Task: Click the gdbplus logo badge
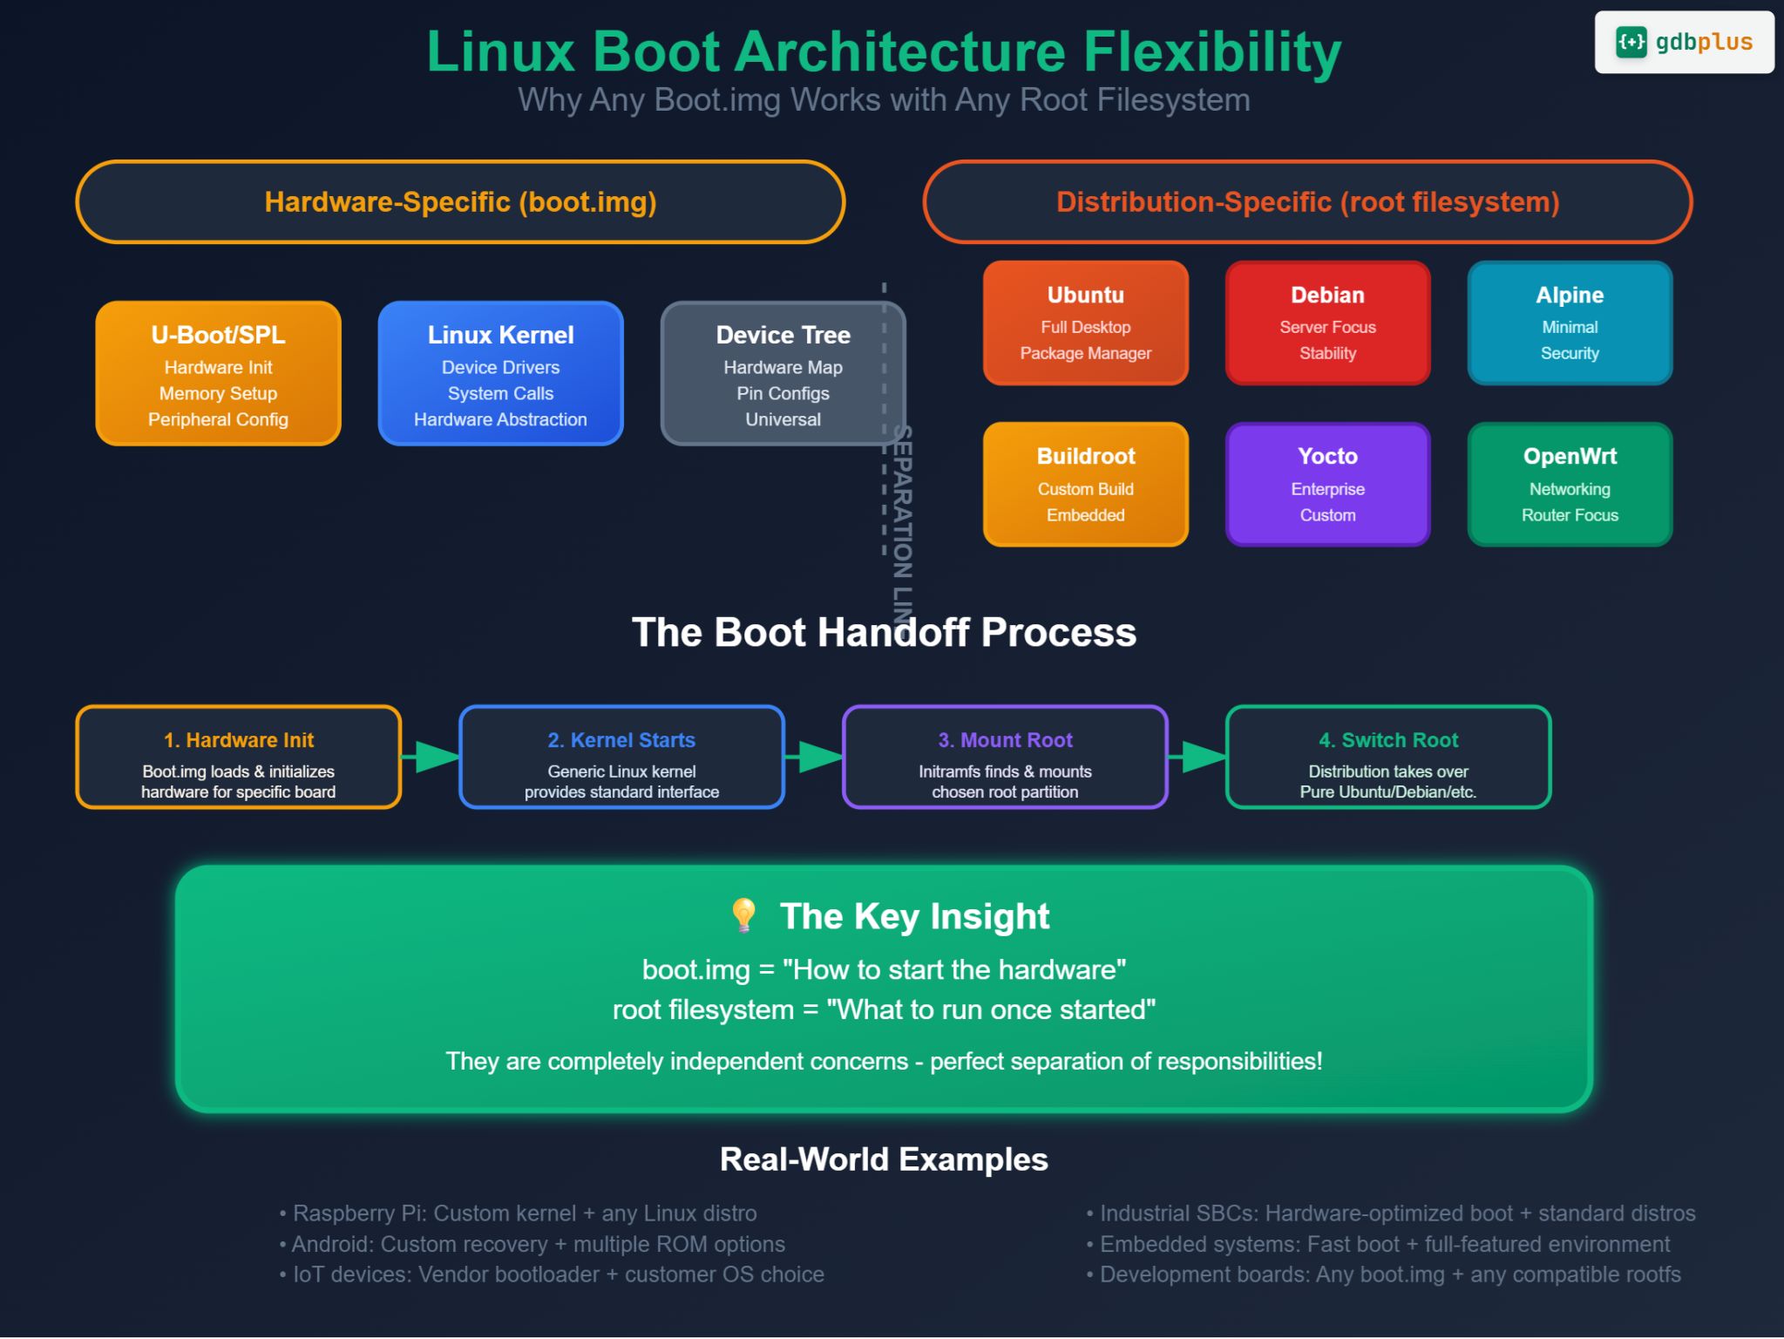pyautogui.click(x=1683, y=42)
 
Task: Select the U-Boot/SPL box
pyautogui.click(x=218, y=373)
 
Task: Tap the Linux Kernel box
pyautogui.click(x=500, y=373)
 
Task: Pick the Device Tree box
pyautogui.click(x=783, y=373)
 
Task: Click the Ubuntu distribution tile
pyautogui.click(x=1085, y=323)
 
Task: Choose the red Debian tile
pyautogui.click(x=1327, y=323)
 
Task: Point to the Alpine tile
pyautogui.click(x=1570, y=323)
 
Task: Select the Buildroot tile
pyautogui.click(x=1085, y=485)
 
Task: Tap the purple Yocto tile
pyautogui.click(x=1327, y=485)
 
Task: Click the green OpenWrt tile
pyautogui.click(x=1570, y=485)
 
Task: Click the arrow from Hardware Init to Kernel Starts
pyautogui.click(x=432, y=757)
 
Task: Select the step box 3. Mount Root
pyautogui.click(x=1005, y=757)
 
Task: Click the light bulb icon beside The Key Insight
pyautogui.click(x=743, y=915)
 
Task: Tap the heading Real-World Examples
pyautogui.click(x=884, y=1159)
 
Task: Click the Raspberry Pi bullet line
pyautogui.click(x=519, y=1213)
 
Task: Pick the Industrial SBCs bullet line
pyautogui.click(x=1391, y=1213)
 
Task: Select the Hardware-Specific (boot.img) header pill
pyautogui.click(x=460, y=202)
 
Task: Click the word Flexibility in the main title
pyautogui.click(x=1211, y=52)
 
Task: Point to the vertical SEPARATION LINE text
pyautogui.click(x=902, y=514)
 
